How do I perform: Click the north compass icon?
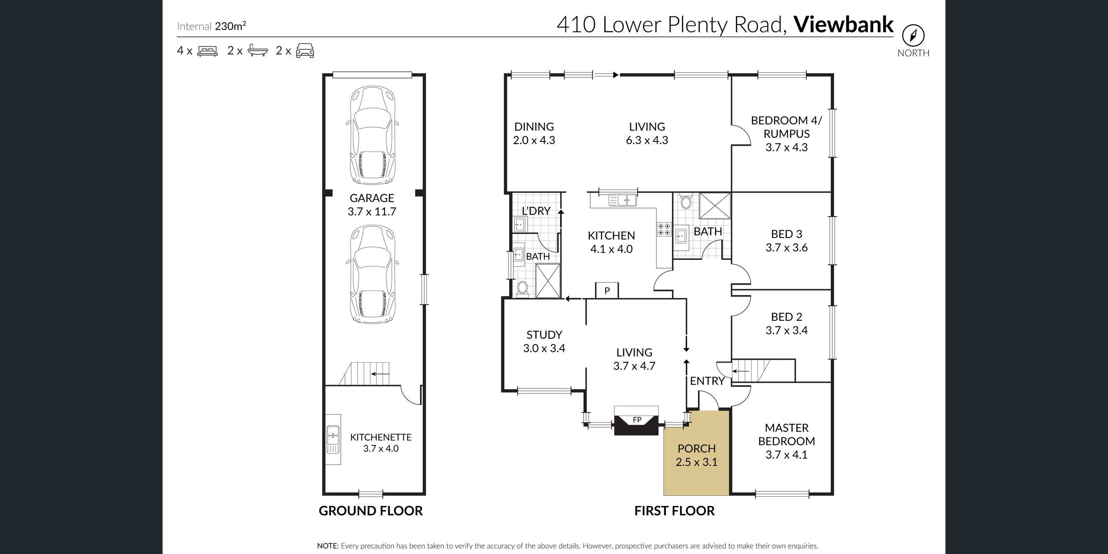pos(913,36)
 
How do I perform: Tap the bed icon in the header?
pos(207,51)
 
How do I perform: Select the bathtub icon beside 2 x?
pos(258,51)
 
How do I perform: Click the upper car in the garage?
pos(372,135)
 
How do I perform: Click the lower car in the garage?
pos(372,274)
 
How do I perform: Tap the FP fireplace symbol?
pos(636,420)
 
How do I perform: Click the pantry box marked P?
pos(607,291)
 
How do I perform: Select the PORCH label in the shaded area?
pos(696,448)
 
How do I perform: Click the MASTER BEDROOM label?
pos(786,435)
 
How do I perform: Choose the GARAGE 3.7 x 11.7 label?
pos(372,205)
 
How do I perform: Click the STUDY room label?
pos(544,334)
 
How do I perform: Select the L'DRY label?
pos(535,211)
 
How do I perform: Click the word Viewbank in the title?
pos(844,24)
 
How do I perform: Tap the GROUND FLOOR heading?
pos(370,511)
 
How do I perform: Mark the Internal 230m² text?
pos(212,26)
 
